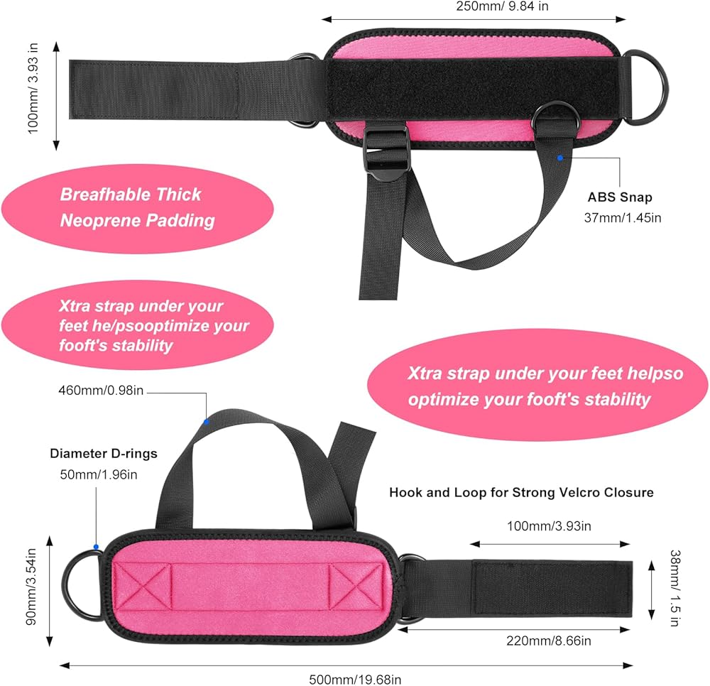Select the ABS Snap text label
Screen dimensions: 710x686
(x=619, y=198)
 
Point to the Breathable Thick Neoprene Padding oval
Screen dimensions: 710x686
(x=138, y=207)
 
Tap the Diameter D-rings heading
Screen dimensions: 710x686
(x=104, y=453)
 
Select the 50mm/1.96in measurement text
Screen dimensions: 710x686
(x=104, y=474)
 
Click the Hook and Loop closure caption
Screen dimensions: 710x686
(x=521, y=492)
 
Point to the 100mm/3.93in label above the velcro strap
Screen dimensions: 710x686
(x=550, y=526)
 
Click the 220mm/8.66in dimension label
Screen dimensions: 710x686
(x=550, y=641)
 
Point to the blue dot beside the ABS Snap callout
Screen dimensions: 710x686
(x=560, y=157)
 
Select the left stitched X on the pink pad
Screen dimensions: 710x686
(x=144, y=587)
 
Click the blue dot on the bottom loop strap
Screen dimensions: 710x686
(x=206, y=422)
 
